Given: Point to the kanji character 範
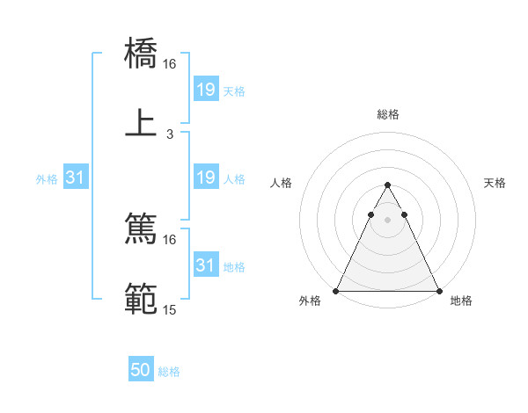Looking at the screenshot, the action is [x=141, y=299].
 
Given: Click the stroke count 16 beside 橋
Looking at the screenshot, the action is [x=170, y=64].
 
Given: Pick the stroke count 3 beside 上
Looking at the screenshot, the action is [x=170, y=134].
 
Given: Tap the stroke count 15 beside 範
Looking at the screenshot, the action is [x=170, y=310].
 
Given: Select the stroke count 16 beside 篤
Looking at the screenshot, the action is [x=170, y=239].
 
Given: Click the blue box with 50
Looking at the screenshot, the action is [x=141, y=371].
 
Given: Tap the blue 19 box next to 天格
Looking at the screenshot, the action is [x=205, y=90].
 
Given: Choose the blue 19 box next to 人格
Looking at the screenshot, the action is [x=205, y=178].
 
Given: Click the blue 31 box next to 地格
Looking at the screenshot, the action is [x=205, y=265].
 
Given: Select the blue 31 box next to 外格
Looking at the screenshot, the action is [x=76, y=178].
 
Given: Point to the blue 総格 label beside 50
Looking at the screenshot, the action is [x=169, y=372].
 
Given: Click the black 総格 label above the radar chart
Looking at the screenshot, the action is [x=387, y=115].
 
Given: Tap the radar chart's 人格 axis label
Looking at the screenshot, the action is [x=282, y=183].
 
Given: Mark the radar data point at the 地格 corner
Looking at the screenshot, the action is [x=438, y=290].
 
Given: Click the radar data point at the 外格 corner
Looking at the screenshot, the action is [x=336, y=290].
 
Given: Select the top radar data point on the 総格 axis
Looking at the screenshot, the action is [x=387, y=185].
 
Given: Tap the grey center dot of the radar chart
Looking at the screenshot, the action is [x=387, y=220].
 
